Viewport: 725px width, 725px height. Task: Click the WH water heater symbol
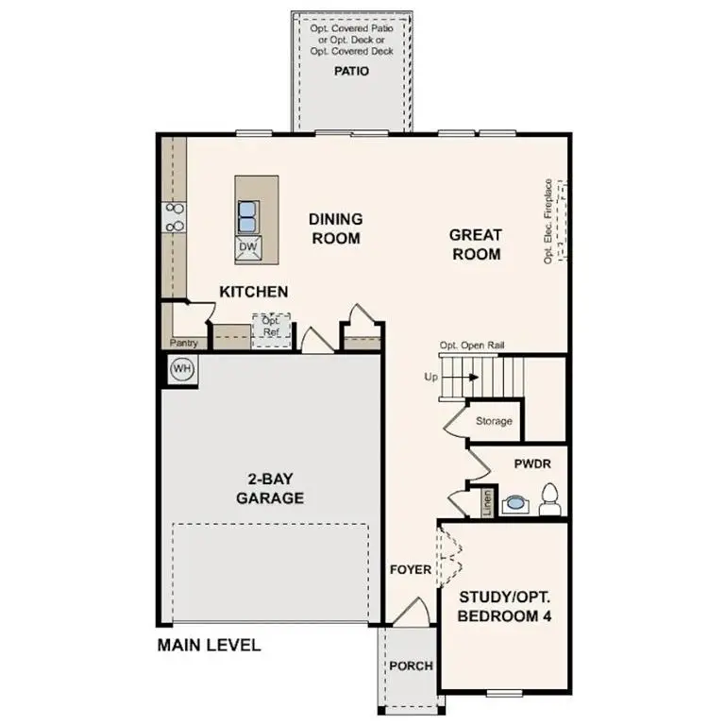point(182,369)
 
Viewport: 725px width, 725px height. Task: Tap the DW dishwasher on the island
point(248,247)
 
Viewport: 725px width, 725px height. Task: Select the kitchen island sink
point(248,216)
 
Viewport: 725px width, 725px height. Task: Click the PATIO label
point(351,71)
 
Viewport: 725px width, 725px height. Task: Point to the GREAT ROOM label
point(475,244)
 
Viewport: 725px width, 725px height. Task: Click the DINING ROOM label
point(335,228)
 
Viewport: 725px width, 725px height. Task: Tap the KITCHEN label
point(254,292)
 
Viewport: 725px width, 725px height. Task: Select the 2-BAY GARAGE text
point(270,489)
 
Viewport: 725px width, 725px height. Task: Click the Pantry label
point(183,344)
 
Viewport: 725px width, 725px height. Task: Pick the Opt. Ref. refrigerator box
point(270,328)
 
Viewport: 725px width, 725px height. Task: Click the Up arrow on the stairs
point(448,378)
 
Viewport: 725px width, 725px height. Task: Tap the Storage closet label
point(494,421)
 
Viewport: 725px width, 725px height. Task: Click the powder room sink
point(514,503)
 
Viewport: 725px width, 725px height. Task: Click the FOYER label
point(411,569)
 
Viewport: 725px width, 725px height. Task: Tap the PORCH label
point(411,666)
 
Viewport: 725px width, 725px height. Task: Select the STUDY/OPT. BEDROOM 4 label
point(505,606)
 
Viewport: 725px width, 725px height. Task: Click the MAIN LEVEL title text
point(209,646)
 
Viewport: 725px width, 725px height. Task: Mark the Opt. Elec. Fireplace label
point(548,222)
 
